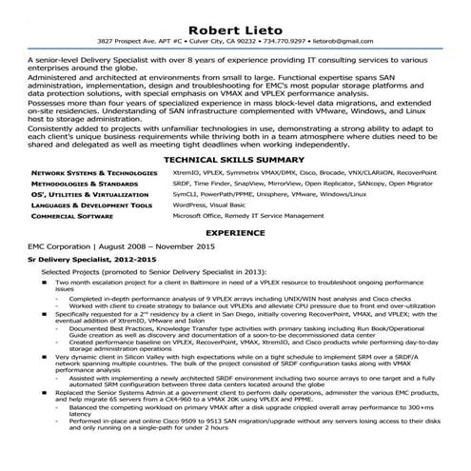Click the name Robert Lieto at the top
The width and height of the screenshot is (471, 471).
[236, 27]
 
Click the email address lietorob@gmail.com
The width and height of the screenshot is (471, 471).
[340, 43]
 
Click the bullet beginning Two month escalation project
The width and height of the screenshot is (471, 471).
[33, 283]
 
